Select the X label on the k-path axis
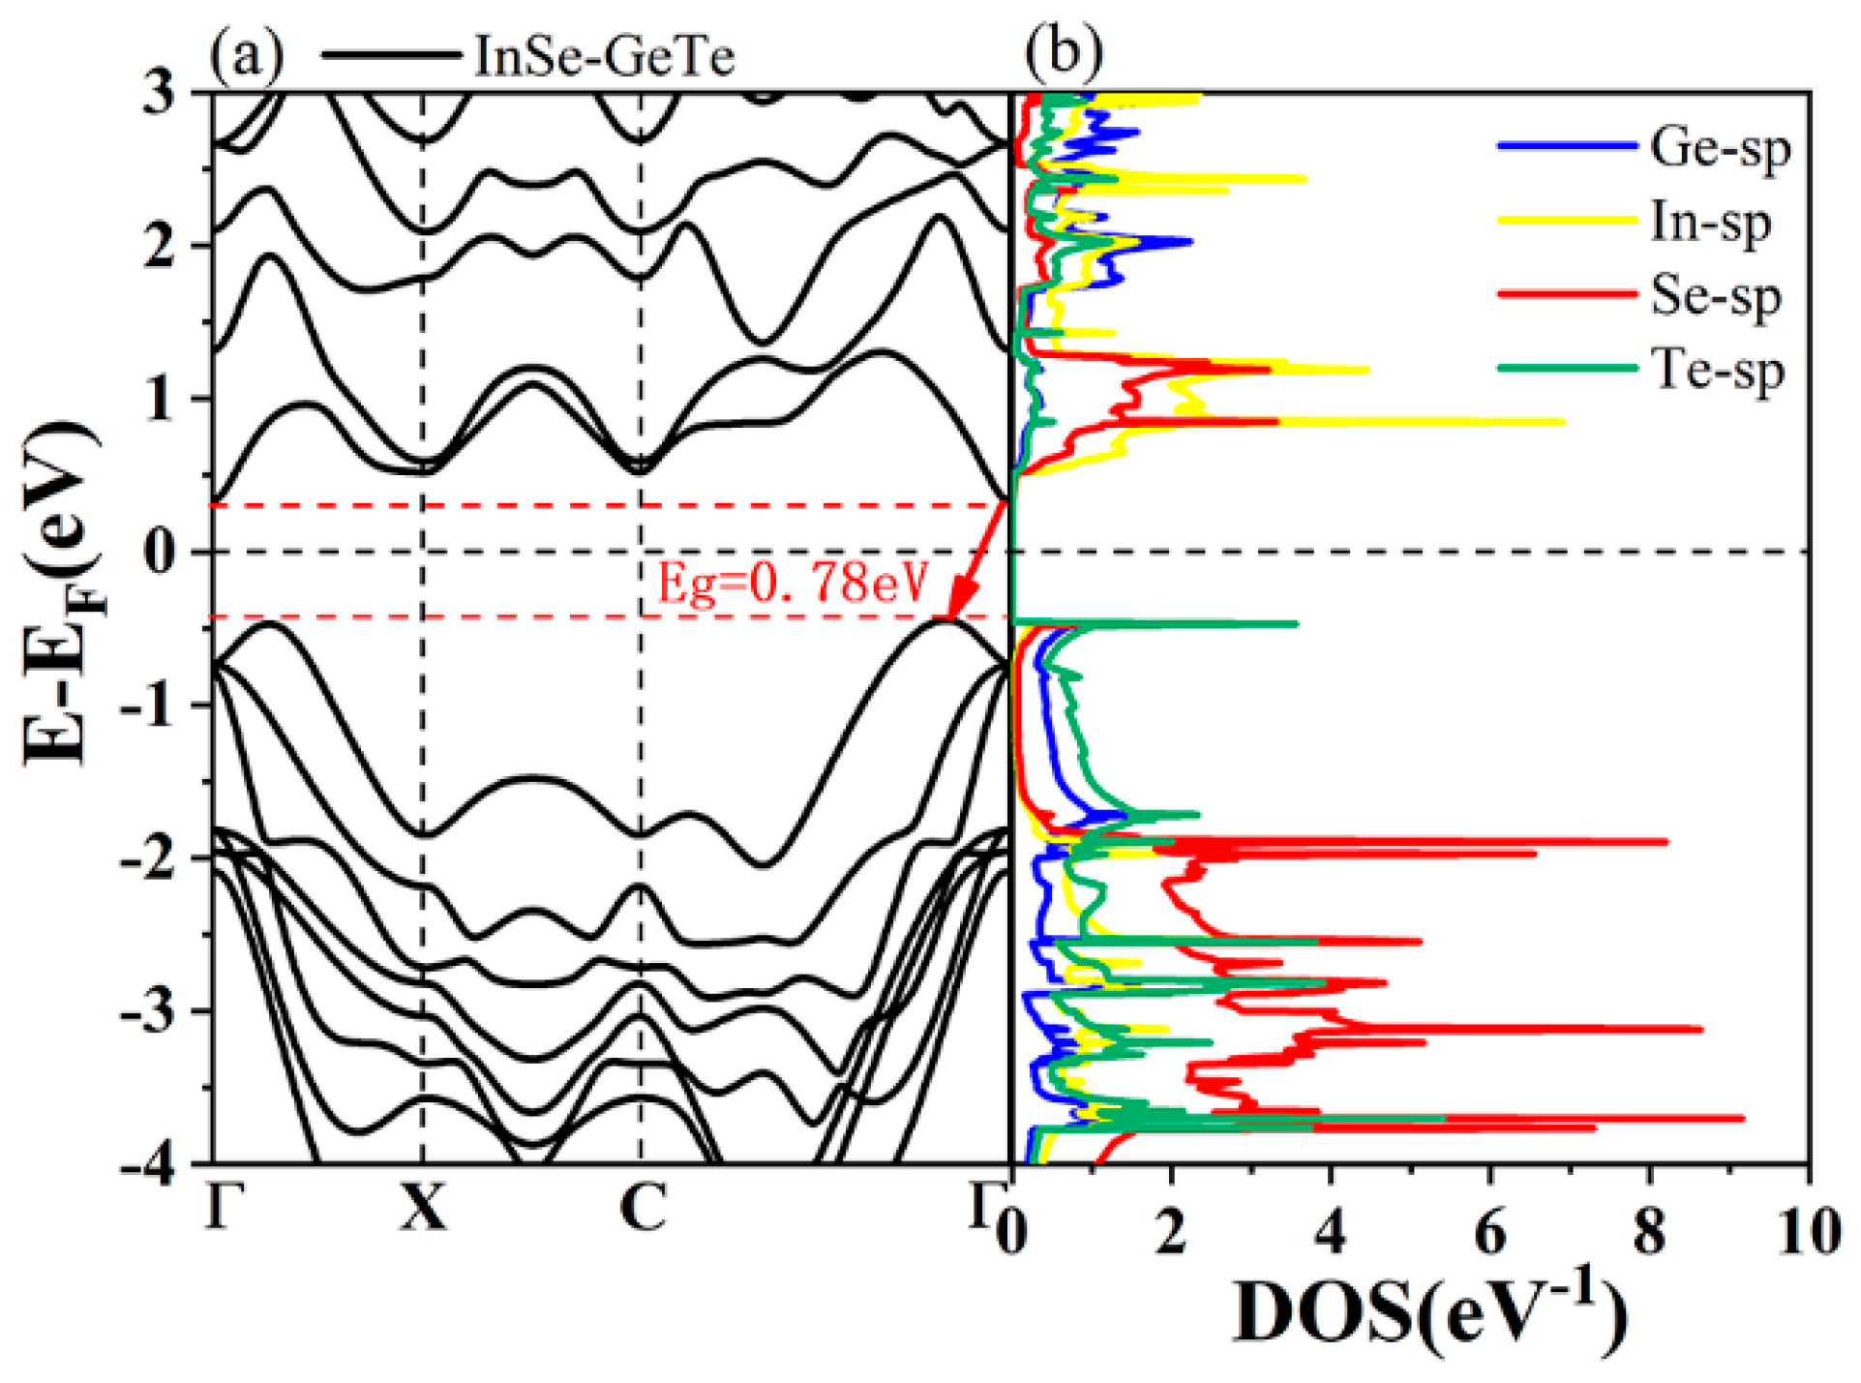tap(423, 1208)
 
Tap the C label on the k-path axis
tap(643, 1208)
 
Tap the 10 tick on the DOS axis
tap(1808, 1233)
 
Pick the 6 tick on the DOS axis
tap(1490, 1233)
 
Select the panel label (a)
tap(246, 54)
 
